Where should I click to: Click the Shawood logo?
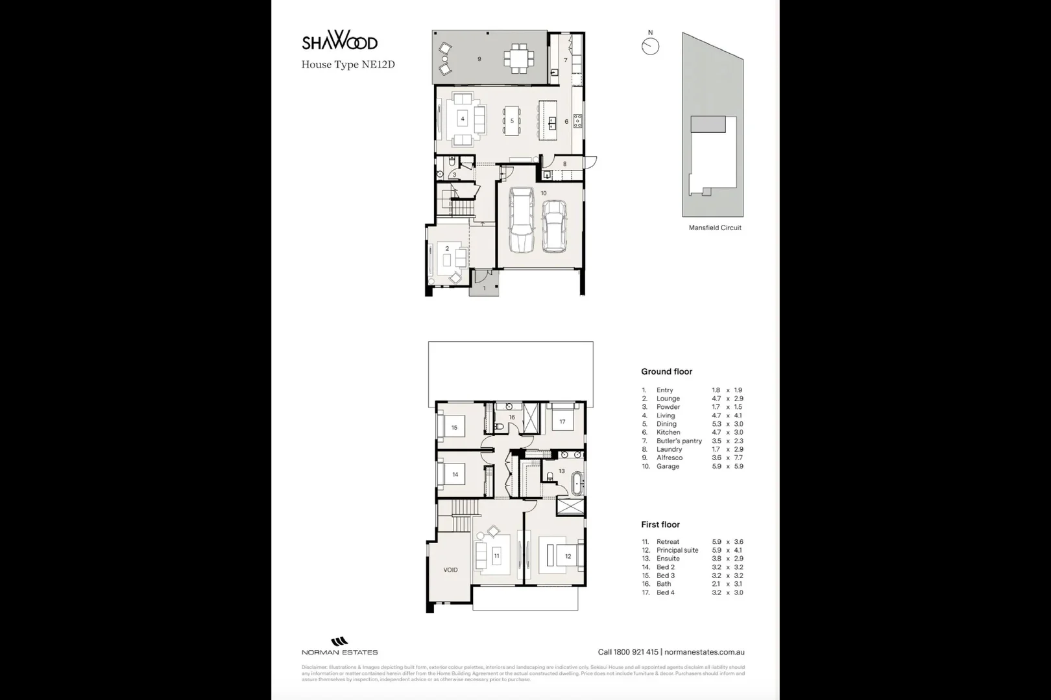[339, 41]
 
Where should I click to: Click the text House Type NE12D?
[348, 64]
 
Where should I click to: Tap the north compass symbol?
[650, 46]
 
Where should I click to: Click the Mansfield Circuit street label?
[715, 227]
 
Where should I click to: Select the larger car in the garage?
[521, 220]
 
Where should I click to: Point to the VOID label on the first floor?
[450, 570]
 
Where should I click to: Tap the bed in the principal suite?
[562, 556]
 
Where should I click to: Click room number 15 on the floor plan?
[454, 428]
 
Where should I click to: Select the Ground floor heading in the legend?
[666, 371]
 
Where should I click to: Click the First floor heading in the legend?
[660, 524]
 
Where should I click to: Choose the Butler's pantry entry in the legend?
[679, 441]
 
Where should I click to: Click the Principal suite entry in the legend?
[677, 550]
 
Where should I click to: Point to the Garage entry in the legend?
[668, 466]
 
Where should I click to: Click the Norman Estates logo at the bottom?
[339, 646]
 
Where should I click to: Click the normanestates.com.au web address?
[704, 653]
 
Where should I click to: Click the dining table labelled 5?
[512, 121]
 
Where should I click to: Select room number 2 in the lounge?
[447, 249]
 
